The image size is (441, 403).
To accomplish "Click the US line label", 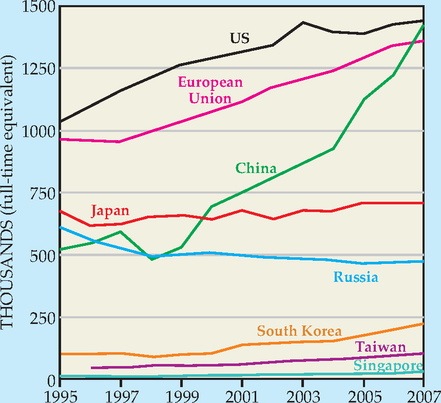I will click(239, 38).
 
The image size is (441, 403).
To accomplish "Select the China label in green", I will click(256, 168).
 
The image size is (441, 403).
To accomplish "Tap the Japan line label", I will click(110, 211).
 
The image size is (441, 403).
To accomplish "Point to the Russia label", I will click(356, 278).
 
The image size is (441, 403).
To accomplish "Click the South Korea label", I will click(299, 331).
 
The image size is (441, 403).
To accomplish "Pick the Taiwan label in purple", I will click(380, 348).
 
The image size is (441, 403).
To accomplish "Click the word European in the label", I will click(210, 82).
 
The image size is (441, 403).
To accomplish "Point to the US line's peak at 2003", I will click(303, 22).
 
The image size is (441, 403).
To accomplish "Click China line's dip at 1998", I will click(151, 259).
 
